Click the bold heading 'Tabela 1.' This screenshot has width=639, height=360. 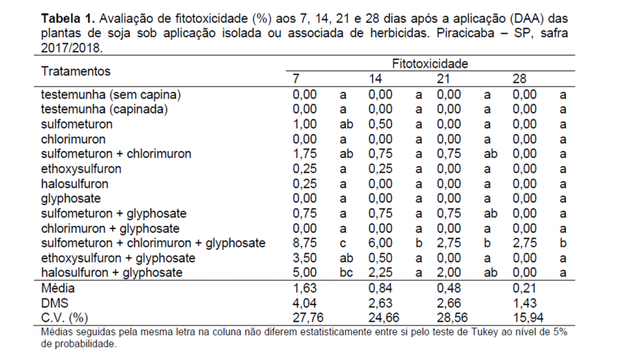[68, 18]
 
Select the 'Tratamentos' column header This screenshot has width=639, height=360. [76, 71]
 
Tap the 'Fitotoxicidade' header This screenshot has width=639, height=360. [430, 64]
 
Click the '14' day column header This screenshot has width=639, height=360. [375, 79]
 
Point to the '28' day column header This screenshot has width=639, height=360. [520, 79]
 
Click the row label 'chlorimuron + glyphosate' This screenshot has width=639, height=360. [110, 228]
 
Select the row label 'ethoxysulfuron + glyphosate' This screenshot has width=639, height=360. [118, 258]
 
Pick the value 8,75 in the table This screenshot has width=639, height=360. [305, 243]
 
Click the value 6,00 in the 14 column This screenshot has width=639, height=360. [380, 243]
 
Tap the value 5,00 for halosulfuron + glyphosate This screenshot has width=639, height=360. [305, 273]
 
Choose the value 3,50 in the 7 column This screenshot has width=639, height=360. [305, 258]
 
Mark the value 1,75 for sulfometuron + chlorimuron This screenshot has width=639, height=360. [305, 153]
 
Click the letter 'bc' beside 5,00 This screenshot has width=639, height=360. [346, 273]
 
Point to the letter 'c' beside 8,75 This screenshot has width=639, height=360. [343, 244]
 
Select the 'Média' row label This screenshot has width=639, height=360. [58, 288]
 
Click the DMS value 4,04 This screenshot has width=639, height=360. [305, 303]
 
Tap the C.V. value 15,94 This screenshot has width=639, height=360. [528, 318]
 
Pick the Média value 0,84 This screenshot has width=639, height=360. [380, 288]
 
